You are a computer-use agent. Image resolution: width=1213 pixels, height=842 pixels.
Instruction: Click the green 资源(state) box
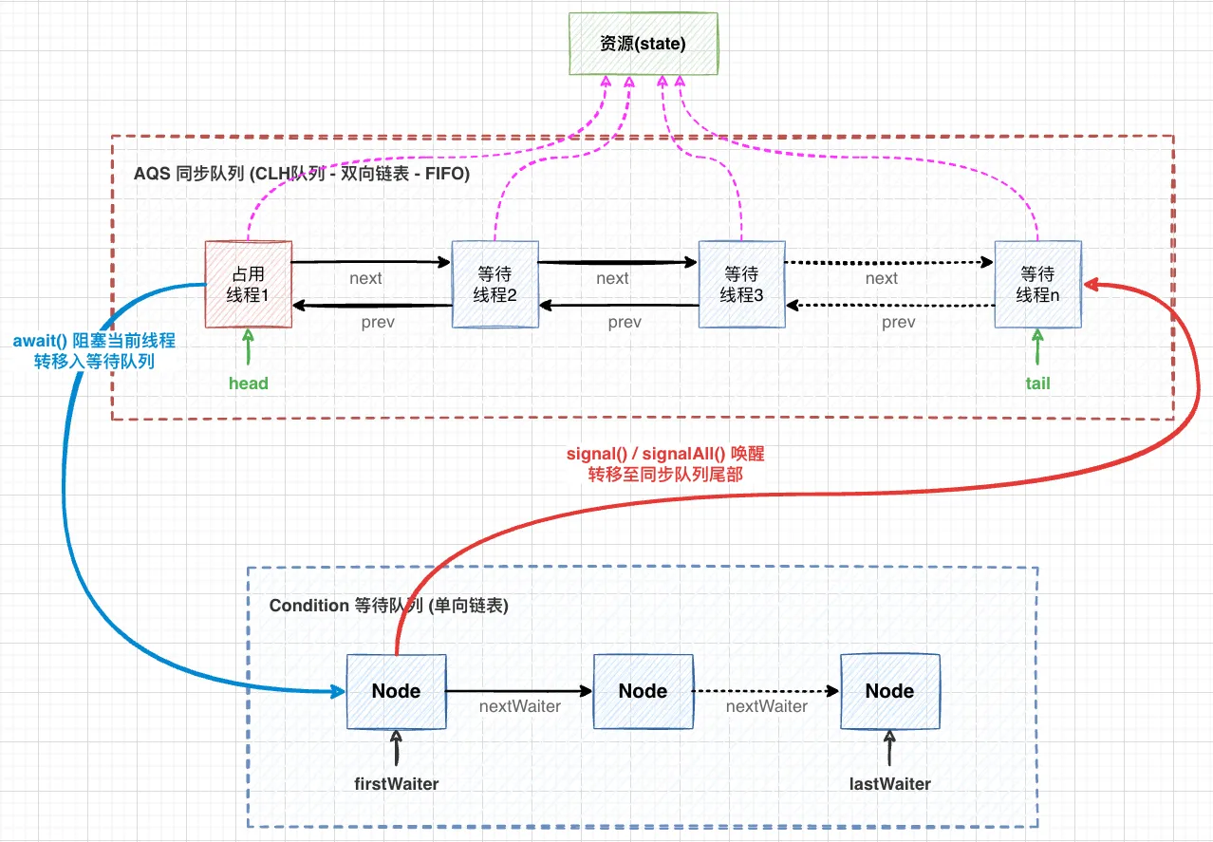coord(643,44)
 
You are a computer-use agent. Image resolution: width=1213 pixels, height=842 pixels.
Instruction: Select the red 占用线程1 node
coord(248,285)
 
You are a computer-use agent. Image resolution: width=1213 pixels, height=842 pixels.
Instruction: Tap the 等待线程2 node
coord(495,285)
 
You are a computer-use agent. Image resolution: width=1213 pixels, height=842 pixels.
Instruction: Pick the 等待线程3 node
coord(741,285)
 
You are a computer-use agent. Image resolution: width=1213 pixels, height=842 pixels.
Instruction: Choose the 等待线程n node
coord(1037,285)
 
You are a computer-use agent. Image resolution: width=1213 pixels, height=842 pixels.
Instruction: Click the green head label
coord(249,384)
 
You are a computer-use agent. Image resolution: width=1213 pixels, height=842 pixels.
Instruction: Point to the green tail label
coord(1037,384)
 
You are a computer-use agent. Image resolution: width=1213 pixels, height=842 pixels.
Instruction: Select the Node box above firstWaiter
coord(396,691)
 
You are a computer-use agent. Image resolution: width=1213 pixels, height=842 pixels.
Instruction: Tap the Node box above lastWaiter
coord(889,691)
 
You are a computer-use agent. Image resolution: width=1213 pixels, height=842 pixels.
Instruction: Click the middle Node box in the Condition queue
coord(643,691)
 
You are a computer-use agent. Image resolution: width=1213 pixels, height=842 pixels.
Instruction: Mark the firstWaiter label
coord(397,784)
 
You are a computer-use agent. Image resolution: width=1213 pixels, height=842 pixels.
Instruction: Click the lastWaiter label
coord(890,784)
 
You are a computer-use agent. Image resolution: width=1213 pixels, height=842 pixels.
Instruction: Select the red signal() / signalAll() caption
coord(664,463)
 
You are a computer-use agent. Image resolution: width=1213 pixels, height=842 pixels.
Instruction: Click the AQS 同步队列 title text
coord(302,176)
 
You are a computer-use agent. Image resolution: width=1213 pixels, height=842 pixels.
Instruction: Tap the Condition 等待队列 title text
coord(388,606)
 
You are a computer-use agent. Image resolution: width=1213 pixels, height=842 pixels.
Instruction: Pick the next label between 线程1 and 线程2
coord(365,278)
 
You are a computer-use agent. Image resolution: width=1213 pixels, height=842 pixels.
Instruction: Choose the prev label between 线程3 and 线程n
coord(899,323)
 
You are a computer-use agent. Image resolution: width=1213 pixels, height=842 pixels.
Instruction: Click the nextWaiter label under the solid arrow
coord(519,706)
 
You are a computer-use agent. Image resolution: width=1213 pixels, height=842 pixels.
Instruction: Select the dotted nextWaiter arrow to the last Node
coord(767,691)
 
